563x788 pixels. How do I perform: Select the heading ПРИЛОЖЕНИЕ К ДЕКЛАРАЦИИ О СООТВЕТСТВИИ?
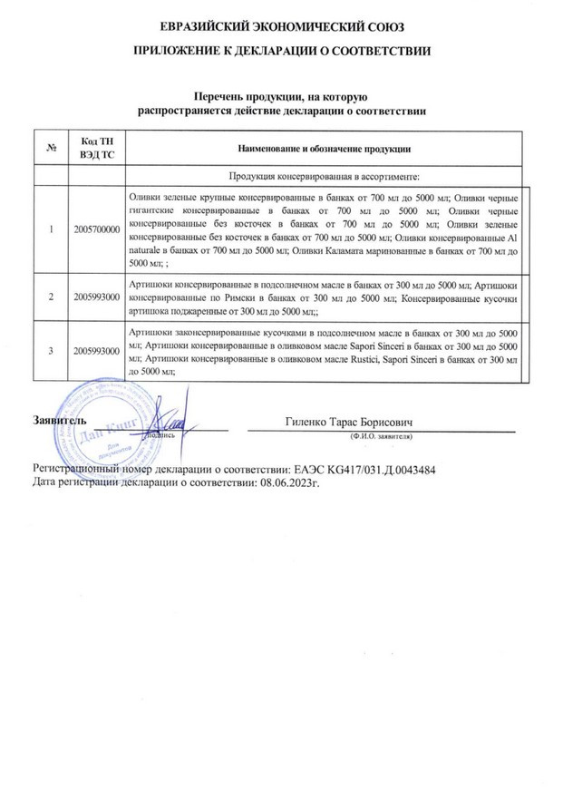coord(281,52)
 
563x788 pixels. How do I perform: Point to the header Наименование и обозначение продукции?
coord(324,147)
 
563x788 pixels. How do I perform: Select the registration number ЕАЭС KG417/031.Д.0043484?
coord(362,471)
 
